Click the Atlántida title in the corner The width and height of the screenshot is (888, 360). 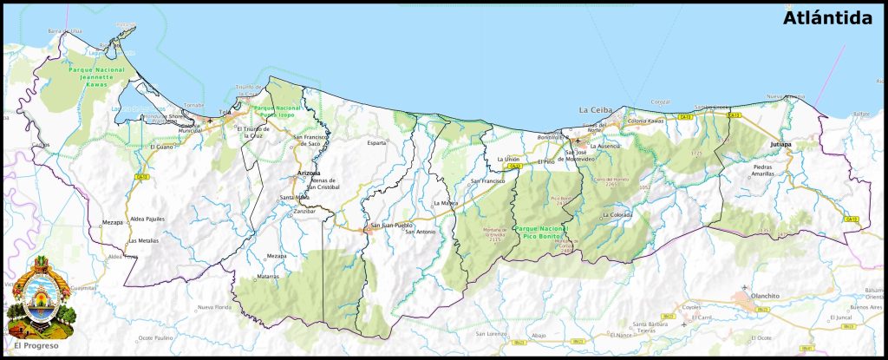pos(826,18)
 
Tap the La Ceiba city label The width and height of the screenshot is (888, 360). pos(596,110)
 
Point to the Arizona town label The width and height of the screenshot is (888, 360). pos(309,173)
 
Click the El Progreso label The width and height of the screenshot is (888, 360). pos(36,345)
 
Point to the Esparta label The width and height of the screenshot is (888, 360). pos(376,142)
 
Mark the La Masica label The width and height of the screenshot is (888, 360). pos(446,203)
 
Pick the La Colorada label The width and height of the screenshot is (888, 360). pos(617,214)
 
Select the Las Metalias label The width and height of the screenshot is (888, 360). pos(143,240)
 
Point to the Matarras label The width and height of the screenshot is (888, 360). pos(269,277)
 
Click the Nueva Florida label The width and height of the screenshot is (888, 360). pos(216,308)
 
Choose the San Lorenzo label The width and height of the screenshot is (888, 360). pos(491,334)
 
